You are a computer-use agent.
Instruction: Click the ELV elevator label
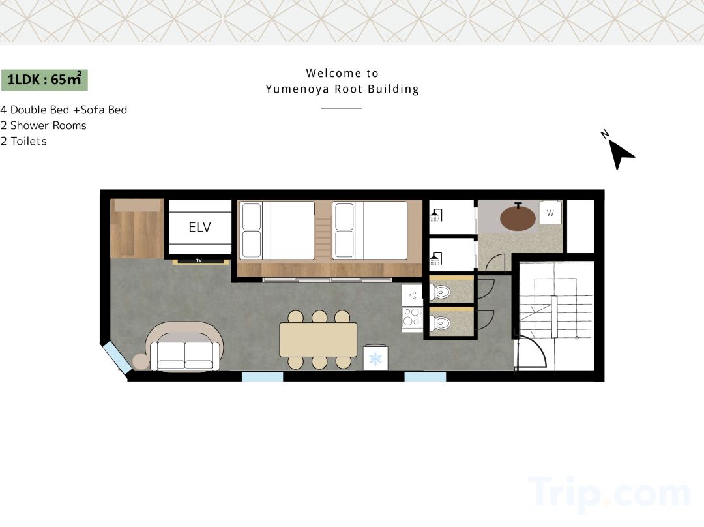coord(200,228)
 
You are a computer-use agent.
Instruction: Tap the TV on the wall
coord(199,261)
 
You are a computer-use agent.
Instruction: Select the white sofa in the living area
coord(185,356)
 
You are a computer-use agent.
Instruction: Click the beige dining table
coord(318,339)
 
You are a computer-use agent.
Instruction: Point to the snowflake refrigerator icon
coord(375,359)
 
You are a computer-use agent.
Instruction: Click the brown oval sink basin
coord(518,217)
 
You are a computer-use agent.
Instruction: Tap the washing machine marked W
coord(550,213)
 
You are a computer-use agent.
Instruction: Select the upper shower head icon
coord(436,215)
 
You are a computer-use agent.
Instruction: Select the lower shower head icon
coord(436,259)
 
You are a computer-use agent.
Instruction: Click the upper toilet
coord(440,293)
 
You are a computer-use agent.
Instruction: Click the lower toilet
coord(440,323)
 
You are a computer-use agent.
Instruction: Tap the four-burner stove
coord(412,316)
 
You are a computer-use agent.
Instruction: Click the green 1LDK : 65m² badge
coord(44,80)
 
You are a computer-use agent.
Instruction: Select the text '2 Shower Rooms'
coord(44,125)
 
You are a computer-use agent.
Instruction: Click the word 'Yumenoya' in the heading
coord(297,89)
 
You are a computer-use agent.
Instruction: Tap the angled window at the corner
coord(117,357)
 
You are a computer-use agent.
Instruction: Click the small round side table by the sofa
coord(141,362)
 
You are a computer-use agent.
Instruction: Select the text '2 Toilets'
coord(24,141)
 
